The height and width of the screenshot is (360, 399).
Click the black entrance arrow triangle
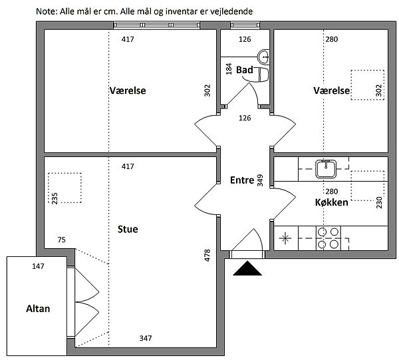pos(247,269)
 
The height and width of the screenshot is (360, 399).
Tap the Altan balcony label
pos(38,309)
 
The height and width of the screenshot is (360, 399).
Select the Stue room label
pos(128,229)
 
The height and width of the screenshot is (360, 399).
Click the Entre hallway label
pos(242,180)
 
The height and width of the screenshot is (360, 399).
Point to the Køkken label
pos(332,202)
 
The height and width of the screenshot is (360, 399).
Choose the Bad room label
pos(245,70)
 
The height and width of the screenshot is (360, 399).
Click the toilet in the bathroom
pos(261,75)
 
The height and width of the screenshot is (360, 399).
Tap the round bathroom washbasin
pos(263,57)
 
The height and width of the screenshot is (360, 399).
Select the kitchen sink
pos(326,168)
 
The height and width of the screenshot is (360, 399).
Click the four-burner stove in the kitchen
pos(329,238)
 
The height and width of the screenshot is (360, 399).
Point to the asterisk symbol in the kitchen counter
pos(285,238)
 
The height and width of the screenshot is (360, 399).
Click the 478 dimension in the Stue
pos(207,256)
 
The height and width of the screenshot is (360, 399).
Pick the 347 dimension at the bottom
pos(146,338)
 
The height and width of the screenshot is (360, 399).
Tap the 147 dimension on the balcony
pos(38,266)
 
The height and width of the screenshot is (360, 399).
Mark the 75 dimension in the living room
pos(62,240)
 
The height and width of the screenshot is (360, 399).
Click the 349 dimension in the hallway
pos(260,180)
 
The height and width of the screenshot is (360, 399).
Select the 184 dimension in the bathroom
pos(229,69)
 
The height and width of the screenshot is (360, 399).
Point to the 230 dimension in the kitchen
pos(379,202)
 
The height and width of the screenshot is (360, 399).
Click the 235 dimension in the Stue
pos(55,198)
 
